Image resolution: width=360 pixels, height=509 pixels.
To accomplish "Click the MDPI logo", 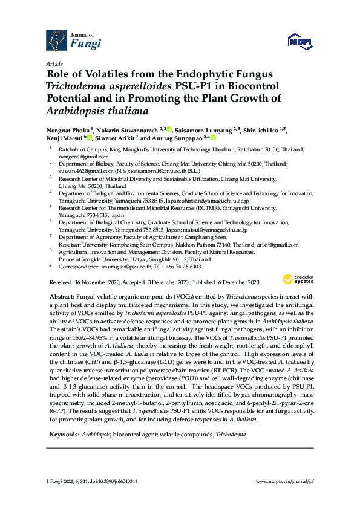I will pyautogui.click(x=301, y=41).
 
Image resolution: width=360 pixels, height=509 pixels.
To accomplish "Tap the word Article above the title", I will pyautogui.click(x=54, y=63).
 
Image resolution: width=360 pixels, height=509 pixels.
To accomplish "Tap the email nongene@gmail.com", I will pyautogui.click(x=80, y=156).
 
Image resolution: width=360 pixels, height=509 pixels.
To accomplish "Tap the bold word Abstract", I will pyautogui.click(x=61, y=297).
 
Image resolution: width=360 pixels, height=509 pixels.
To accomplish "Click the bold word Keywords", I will pyautogui.click(x=63, y=434).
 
